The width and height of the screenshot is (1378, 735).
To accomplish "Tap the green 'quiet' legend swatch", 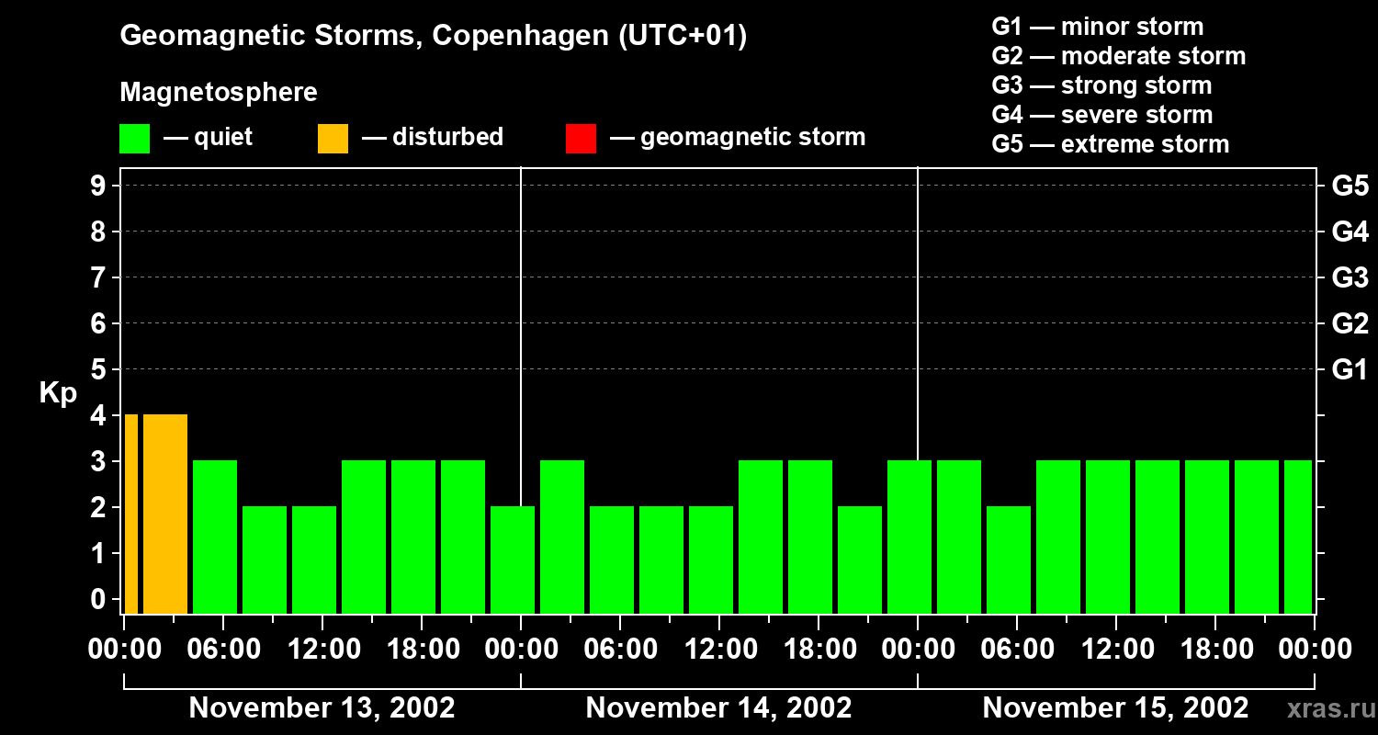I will (x=134, y=139).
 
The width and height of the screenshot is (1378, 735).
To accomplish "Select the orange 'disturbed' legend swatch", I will (x=333, y=139).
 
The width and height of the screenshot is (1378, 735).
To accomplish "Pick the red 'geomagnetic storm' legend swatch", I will (x=581, y=139).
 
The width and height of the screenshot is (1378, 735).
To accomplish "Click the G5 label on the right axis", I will (x=1350, y=187).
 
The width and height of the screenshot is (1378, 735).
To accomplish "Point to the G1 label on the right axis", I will (x=1350, y=370).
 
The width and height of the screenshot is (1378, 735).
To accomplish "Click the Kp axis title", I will (x=58, y=393).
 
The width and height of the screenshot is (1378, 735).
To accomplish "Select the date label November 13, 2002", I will (x=322, y=708).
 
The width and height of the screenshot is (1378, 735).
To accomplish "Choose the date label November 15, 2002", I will (x=1115, y=708).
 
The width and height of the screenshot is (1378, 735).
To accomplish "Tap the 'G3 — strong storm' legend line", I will (x=1101, y=85).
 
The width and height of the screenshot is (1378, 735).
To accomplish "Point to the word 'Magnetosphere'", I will (x=219, y=93).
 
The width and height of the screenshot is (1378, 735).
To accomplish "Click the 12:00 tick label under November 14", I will (x=720, y=650).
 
